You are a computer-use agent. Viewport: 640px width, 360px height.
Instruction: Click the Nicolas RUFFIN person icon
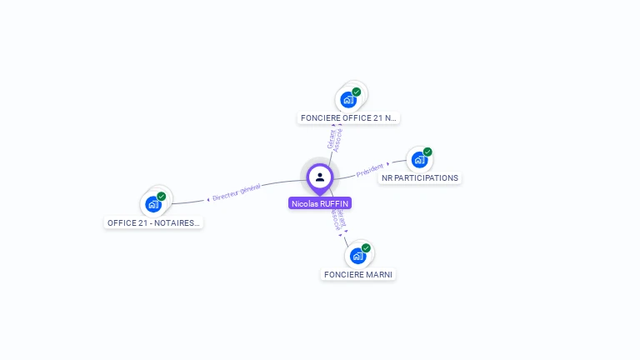(x=320, y=177)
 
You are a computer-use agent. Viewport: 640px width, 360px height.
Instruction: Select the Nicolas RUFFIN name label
(x=320, y=202)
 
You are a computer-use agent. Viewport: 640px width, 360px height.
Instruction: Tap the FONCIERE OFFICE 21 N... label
(x=348, y=118)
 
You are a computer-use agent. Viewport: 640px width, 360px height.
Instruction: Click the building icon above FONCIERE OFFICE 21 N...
(x=348, y=100)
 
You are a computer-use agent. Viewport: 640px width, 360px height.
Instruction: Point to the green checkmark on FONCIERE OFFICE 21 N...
(x=357, y=92)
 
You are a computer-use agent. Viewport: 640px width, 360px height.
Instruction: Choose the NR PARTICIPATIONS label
(x=420, y=177)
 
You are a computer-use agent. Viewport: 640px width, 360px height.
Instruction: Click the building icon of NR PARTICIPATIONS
(x=419, y=159)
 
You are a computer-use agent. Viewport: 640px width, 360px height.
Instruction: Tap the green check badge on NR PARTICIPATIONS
(x=427, y=152)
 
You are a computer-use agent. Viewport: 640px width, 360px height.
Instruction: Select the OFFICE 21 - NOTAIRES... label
(x=154, y=222)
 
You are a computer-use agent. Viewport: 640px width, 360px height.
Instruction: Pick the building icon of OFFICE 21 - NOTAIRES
(x=152, y=204)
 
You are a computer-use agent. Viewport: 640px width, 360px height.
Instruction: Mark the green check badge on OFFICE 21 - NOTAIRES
(x=162, y=196)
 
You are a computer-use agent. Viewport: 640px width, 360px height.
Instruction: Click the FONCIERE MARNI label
(x=358, y=274)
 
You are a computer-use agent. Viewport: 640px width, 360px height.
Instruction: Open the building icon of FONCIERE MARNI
(x=357, y=256)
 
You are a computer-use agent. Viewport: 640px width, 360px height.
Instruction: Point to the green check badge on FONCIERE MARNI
(x=366, y=247)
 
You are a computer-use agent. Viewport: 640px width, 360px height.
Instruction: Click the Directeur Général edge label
(x=237, y=192)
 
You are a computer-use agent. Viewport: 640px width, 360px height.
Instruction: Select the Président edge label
(x=370, y=170)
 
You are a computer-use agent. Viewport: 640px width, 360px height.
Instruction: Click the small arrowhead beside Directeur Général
(x=208, y=200)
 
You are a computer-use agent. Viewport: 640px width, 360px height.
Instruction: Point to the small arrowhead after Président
(x=388, y=164)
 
